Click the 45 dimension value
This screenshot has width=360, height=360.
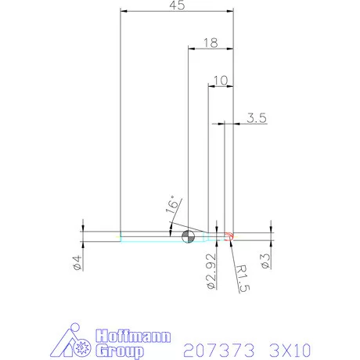coord(176,6)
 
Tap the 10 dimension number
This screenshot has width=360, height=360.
coord(219,79)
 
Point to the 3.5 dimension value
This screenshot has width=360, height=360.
coord(257,118)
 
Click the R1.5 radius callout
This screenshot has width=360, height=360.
coord(242,278)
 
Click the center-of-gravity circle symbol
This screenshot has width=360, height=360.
coord(188,236)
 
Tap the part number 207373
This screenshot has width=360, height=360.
coord(214,347)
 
